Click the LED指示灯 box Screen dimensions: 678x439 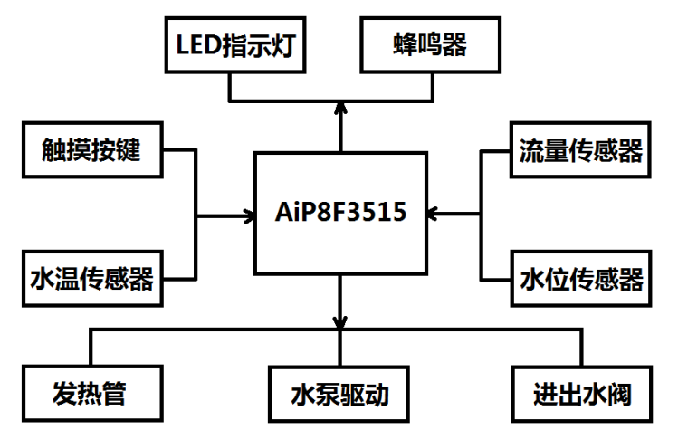235,45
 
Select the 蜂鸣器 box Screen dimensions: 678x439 431,45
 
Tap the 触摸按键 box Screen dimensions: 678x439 92,149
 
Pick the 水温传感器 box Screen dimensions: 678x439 92,279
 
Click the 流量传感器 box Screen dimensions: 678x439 581,149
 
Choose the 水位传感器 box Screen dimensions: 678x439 581,279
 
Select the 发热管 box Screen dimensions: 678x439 92,394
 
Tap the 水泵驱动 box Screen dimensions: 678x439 339,394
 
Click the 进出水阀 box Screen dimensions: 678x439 582,394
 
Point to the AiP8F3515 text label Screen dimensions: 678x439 340,212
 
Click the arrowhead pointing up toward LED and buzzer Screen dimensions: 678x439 340,108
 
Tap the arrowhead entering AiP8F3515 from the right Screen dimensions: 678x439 432,214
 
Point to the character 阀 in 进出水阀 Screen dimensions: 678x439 619,394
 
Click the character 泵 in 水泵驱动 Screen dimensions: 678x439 327,394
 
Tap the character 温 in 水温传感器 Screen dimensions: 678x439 67,279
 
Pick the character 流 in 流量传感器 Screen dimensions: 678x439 531,150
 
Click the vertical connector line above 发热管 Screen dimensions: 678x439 91,348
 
